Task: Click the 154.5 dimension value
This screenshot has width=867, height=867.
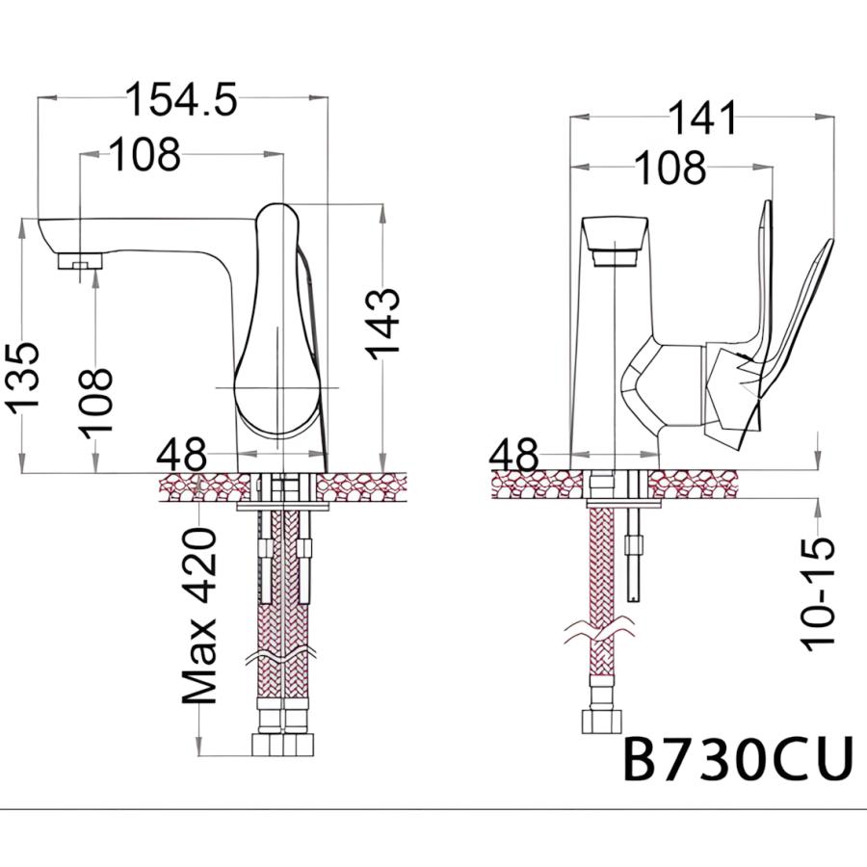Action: point(181,99)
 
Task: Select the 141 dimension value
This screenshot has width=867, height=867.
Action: point(703,118)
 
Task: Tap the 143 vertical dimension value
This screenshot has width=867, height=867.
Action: point(383,325)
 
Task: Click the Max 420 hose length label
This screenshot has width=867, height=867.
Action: point(199,616)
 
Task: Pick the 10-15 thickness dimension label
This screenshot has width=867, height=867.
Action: point(817,593)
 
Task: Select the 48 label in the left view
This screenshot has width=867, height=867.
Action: point(181,455)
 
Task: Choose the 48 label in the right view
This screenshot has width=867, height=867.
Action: point(513,455)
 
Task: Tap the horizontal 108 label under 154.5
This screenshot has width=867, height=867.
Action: point(144,154)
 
